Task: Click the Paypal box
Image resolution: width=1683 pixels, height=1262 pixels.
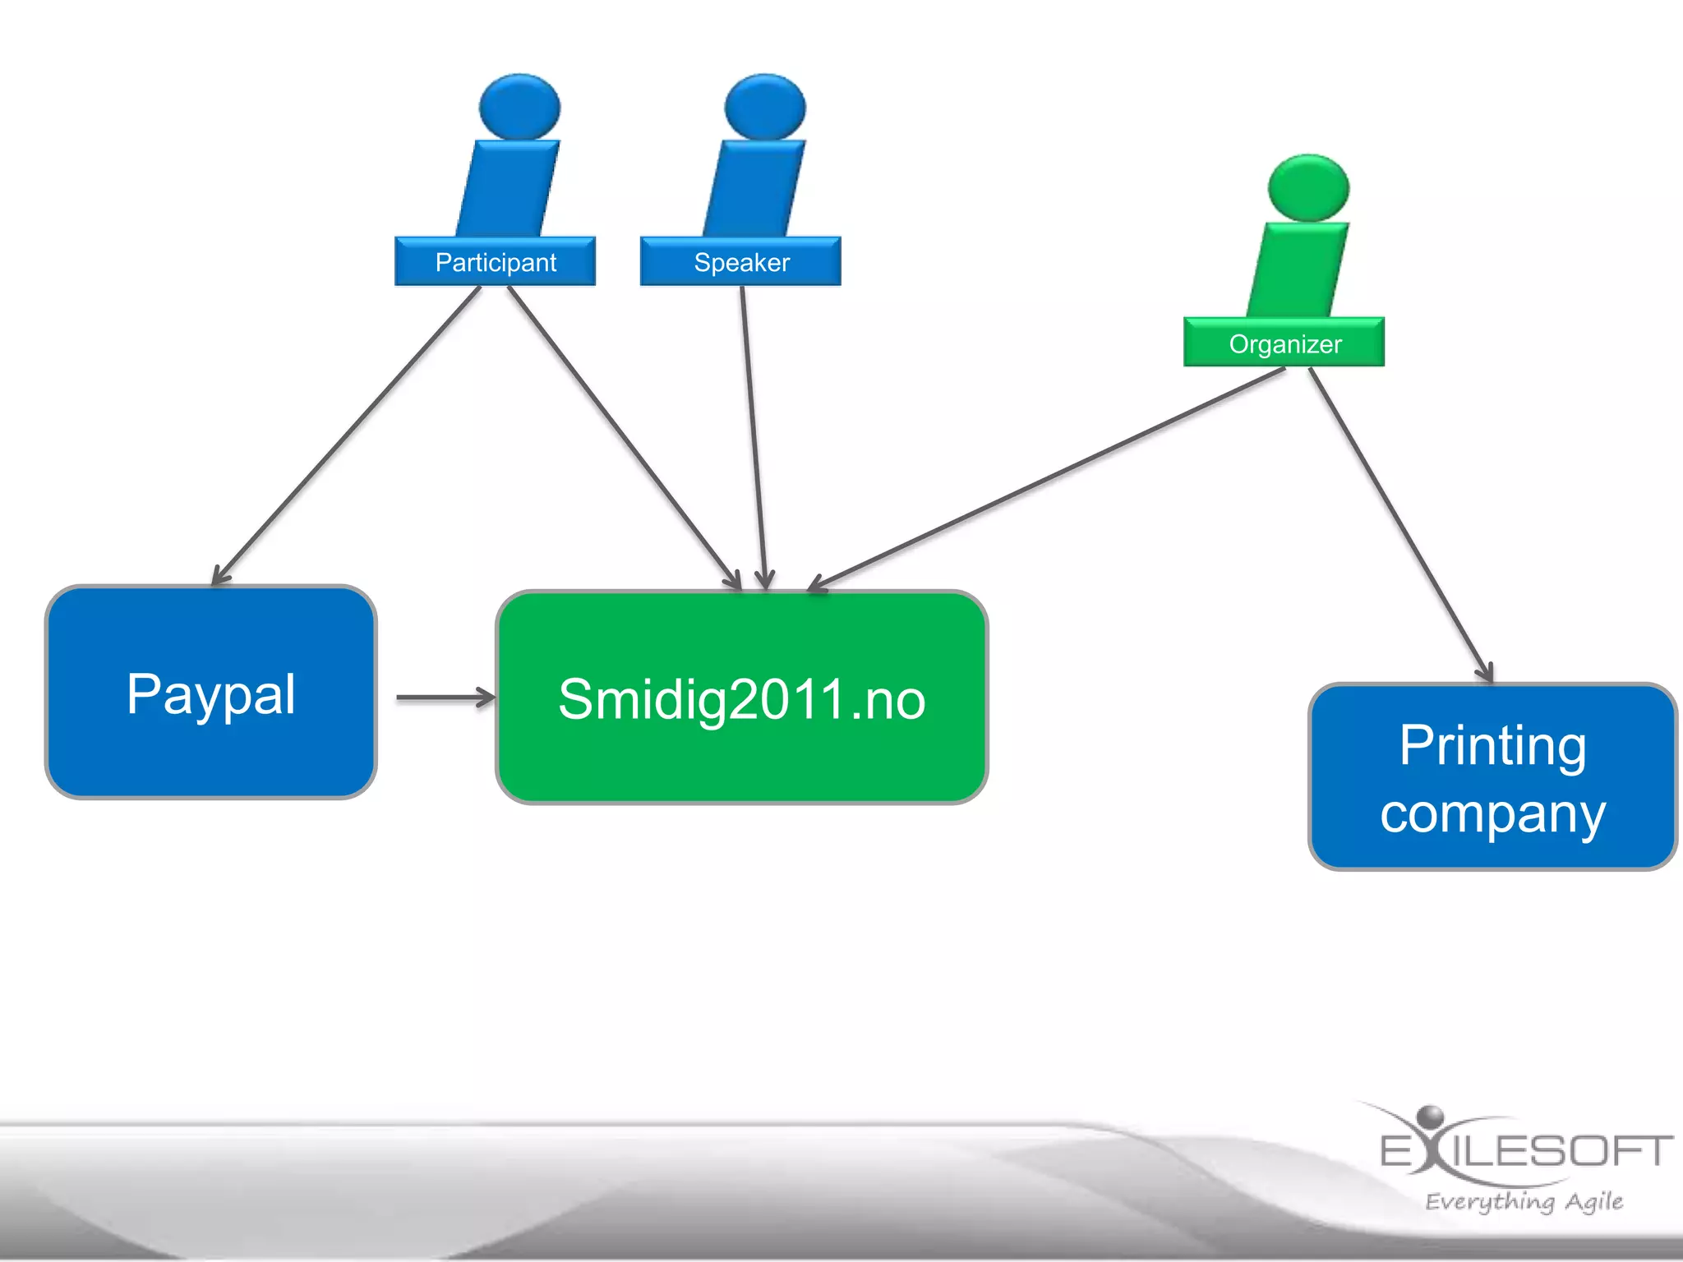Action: tap(211, 693)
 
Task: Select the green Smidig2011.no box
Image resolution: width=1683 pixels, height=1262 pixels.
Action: tap(741, 698)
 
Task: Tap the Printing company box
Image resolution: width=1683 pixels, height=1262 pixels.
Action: tap(1492, 776)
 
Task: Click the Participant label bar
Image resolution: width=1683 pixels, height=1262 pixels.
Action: tap(495, 262)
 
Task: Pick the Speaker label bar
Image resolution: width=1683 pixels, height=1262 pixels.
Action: tap(740, 262)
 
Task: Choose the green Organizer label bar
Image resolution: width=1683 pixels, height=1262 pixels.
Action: tap(1284, 343)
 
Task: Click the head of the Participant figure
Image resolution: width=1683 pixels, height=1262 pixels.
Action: tap(519, 107)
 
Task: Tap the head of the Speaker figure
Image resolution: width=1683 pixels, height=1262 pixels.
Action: tap(765, 107)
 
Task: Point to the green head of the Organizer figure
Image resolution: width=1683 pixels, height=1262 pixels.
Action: tap(1308, 187)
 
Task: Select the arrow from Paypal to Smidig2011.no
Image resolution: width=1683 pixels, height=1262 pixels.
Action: tap(445, 698)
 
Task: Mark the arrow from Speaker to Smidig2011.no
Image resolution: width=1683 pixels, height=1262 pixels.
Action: tap(754, 435)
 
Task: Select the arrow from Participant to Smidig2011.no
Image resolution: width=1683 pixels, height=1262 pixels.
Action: tap(625, 435)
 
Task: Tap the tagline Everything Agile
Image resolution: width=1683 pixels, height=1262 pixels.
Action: tap(1524, 1201)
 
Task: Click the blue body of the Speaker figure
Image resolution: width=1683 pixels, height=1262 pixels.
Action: tap(754, 189)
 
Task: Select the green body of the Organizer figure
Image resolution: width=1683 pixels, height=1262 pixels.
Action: tap(1298, 269)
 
